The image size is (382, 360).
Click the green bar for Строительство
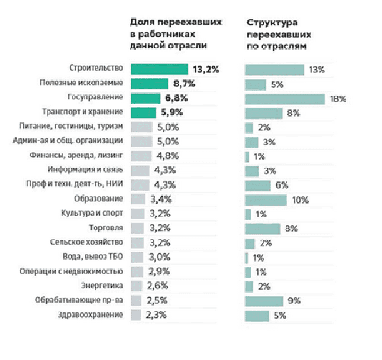159,69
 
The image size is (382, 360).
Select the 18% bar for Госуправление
285,99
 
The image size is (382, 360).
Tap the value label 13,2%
205,69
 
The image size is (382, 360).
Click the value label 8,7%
184,84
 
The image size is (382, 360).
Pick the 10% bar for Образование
266,200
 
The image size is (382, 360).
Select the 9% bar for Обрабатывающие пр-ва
264,301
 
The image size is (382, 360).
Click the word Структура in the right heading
271,23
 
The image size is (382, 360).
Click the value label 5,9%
171,113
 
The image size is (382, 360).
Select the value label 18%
338,99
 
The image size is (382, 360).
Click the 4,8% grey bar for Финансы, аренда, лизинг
140,156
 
